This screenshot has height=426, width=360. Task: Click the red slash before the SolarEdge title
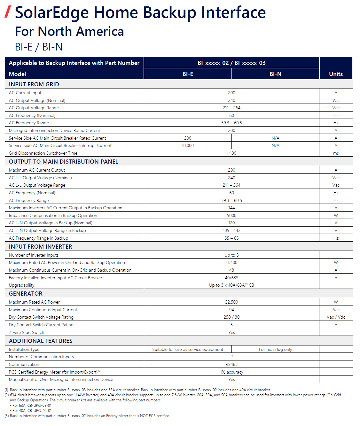tap(8, 12)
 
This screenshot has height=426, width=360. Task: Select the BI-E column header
tap(188, 74)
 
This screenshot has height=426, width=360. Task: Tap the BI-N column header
tap(275, 74)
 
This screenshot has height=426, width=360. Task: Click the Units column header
tap(336, 74)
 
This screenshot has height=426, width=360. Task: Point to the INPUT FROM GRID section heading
tap(34, 84)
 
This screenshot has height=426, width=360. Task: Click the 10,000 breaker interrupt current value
tap(188, 146)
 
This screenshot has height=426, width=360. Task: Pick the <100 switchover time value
tap(231, 153)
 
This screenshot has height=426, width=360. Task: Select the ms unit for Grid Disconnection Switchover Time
tap(336, 153)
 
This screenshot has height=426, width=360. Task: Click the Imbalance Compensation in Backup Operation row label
tap(53, 216)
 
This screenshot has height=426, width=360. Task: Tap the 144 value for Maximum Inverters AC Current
tap(231, 208)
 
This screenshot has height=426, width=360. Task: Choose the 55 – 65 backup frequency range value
tap(231, 238)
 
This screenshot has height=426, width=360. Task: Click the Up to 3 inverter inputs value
tap(231, 255)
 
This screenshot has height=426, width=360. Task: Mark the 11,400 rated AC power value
tap(231, 263)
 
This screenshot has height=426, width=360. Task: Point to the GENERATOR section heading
tap(26, 294)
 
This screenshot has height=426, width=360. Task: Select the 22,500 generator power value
tap(231, 302)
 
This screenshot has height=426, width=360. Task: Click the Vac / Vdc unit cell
tap(336, 317)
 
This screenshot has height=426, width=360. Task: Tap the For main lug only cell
tap(275, 350)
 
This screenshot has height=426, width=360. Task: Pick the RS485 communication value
tap(231, 365)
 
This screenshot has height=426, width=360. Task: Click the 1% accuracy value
tap(231, 372)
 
